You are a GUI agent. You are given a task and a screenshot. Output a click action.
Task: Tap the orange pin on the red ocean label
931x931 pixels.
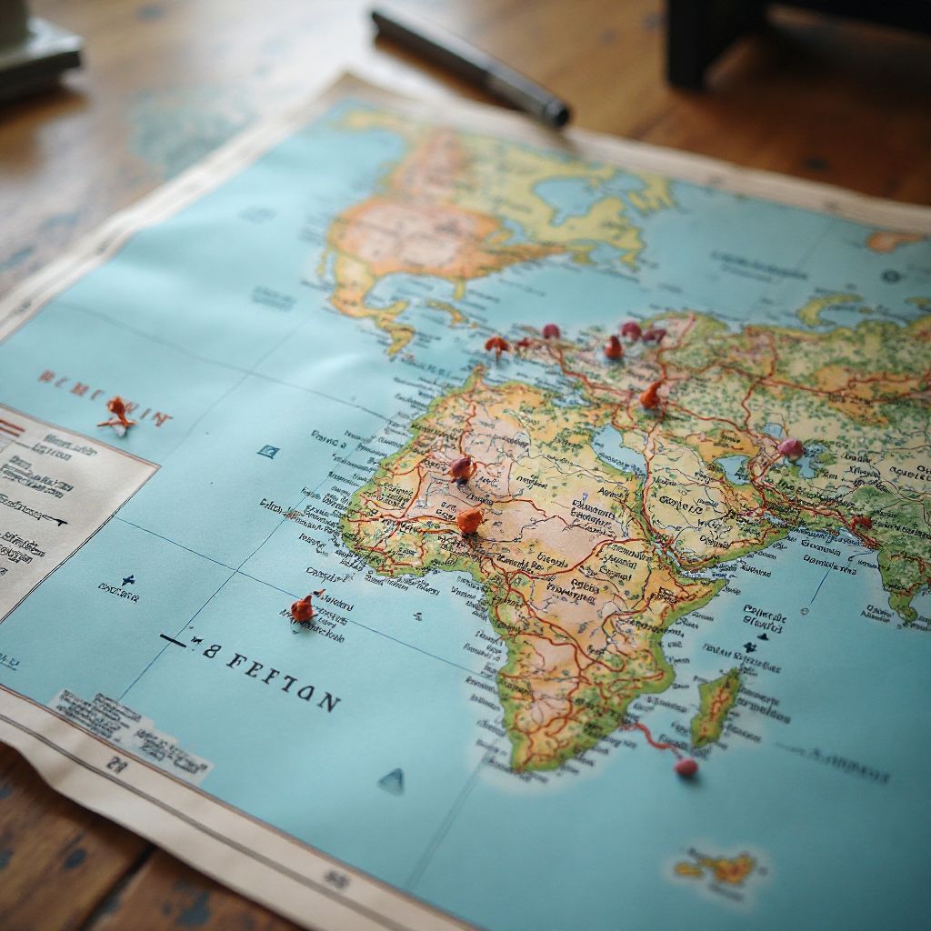tap(117, 414)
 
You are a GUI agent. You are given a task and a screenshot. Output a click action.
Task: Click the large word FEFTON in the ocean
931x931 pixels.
tap(281, 680)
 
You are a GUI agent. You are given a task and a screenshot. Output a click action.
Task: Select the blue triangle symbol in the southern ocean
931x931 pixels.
tap(392, 780)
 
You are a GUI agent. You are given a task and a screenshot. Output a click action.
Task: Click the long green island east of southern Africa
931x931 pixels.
tap(716, 706)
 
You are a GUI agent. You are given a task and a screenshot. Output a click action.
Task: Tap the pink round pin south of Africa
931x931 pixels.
tap(686, 767)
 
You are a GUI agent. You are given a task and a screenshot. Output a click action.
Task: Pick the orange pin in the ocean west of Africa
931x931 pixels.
tap(303, 609)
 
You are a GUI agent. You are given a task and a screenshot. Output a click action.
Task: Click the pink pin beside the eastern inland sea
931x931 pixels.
tap(790, 448)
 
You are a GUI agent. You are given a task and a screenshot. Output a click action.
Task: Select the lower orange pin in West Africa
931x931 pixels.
tap(470, 521)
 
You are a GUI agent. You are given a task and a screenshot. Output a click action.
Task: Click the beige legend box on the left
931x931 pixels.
tap(64, 509)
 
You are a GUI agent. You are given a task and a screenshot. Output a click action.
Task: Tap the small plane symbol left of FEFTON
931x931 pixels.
tap(129, 581)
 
